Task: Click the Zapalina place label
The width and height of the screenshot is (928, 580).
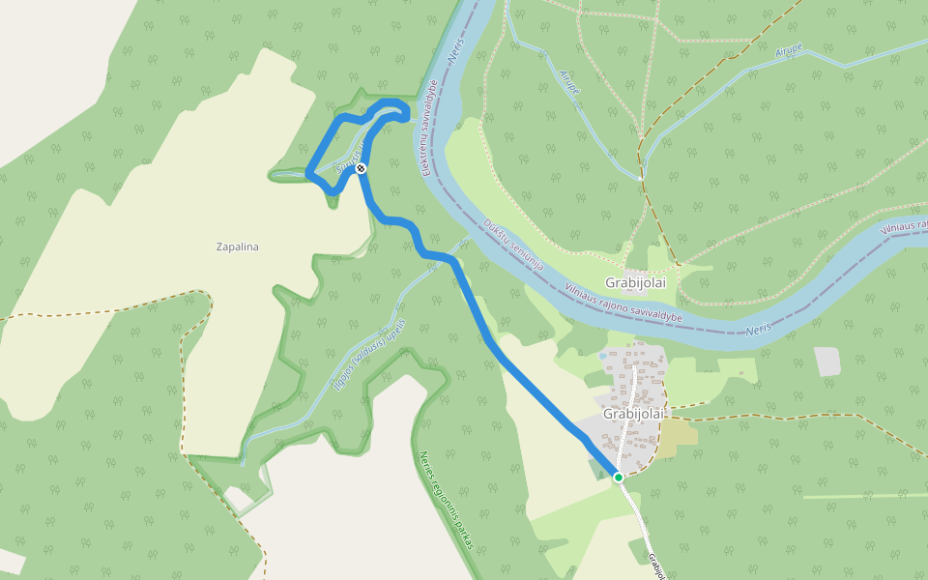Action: [238, 246]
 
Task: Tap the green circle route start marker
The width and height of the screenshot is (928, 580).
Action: [619, 477]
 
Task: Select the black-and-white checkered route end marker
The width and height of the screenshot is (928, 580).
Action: [361, 168]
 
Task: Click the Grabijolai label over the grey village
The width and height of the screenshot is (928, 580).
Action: [635, 414]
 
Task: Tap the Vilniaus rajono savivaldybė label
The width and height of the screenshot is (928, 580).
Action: [623, 303]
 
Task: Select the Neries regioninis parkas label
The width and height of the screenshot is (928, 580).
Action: [447, 501]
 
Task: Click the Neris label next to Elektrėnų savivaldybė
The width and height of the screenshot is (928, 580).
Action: [455, 53]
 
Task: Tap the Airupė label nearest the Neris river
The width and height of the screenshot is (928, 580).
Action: [570, 82]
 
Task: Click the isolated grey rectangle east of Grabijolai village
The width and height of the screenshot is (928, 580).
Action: [827, 362]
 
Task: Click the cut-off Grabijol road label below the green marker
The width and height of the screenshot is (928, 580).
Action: [657, 565]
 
